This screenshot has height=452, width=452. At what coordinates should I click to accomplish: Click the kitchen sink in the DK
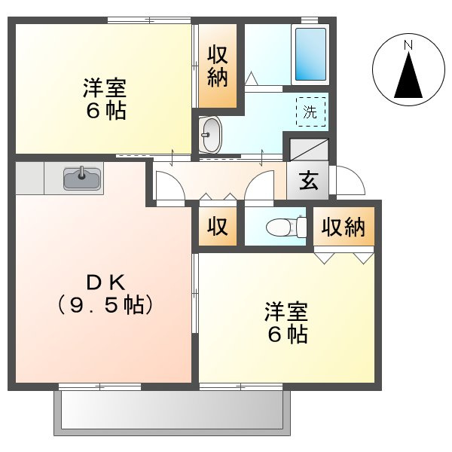tap(83, 179)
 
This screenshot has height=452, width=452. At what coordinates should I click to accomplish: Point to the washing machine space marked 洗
tap(310, 112)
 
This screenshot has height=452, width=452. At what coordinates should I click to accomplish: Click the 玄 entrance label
tap(307, 181)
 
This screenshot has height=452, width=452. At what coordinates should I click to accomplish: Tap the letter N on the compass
tap(408, 45)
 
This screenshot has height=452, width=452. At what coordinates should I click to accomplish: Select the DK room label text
tap(105, 283)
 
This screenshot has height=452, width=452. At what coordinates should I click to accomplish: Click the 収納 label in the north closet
tap(218, 66)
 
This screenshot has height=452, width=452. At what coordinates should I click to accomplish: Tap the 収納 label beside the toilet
tap(344, 227)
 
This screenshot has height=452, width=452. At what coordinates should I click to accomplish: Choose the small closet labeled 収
tap(218, 227)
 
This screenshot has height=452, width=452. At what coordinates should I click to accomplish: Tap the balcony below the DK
tap(171, 411)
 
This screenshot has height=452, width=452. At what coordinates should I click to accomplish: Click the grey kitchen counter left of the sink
tap(30, 179)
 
